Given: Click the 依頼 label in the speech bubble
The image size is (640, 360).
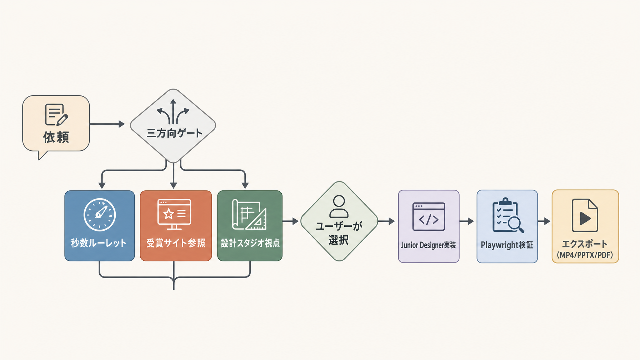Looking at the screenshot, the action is coord(56,137).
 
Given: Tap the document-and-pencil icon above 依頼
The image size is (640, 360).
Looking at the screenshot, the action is coord(56,115).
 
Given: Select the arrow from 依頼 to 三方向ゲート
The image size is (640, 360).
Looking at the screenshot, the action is coord(107,124).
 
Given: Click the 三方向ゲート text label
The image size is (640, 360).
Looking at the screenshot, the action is coord(174,133).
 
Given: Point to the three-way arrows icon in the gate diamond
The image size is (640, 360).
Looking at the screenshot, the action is coord(173,112).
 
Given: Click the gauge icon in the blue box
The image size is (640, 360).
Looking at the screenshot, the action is coord(100,215).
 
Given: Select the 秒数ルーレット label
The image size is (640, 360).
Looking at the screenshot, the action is coord(99,243).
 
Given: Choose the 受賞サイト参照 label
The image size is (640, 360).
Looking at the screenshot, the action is coord(176,243).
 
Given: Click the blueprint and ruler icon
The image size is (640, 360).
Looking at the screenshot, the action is coord(249,214).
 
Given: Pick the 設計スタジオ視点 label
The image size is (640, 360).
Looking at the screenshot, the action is coord(250,243).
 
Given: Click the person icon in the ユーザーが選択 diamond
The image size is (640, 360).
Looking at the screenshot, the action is coord(339,206).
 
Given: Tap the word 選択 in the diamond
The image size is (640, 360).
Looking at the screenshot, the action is coord(339,240).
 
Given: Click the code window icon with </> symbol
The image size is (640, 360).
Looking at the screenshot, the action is coord(429,216).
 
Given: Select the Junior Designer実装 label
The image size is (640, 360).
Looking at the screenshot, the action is coord(428,245).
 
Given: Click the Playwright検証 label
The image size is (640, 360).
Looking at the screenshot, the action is coord(507,245).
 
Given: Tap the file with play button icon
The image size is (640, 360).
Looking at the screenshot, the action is coord(585,215).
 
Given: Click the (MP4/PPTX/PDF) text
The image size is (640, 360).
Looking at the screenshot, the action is coord(585,255).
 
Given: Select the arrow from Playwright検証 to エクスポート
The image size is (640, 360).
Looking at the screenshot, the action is coord(544,221).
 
